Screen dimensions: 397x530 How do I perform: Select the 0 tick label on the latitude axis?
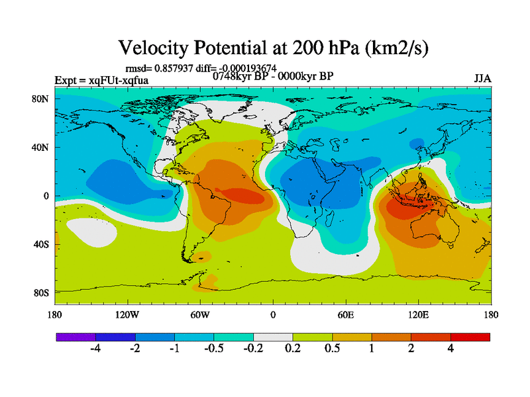point(46,196)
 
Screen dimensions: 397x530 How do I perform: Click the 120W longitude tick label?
point(127,315)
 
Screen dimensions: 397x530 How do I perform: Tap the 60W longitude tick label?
point(200,315)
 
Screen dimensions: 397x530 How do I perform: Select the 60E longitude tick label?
point(345,315)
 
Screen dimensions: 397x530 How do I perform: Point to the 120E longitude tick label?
point(418,315)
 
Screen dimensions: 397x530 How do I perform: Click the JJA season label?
point(482,79)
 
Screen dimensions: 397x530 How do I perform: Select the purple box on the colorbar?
point(76,337)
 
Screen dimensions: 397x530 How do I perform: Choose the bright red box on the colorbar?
point(470,337)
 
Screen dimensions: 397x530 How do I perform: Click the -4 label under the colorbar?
point(95,350)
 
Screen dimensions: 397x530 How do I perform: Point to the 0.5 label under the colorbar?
point(332,350)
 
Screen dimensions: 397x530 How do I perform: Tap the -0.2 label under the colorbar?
point(253,350)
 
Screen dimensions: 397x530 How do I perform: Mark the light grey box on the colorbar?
point(273,337)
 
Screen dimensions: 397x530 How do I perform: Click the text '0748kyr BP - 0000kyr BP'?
point(272,76)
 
